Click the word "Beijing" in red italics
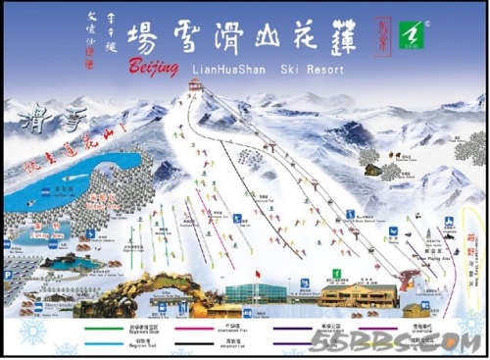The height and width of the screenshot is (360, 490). (x=154, y=67)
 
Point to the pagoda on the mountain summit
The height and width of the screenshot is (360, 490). (x=194, y=87)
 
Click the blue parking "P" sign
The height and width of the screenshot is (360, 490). (x=90, y=234)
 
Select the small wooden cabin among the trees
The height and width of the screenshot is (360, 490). (x=372, y=168)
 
